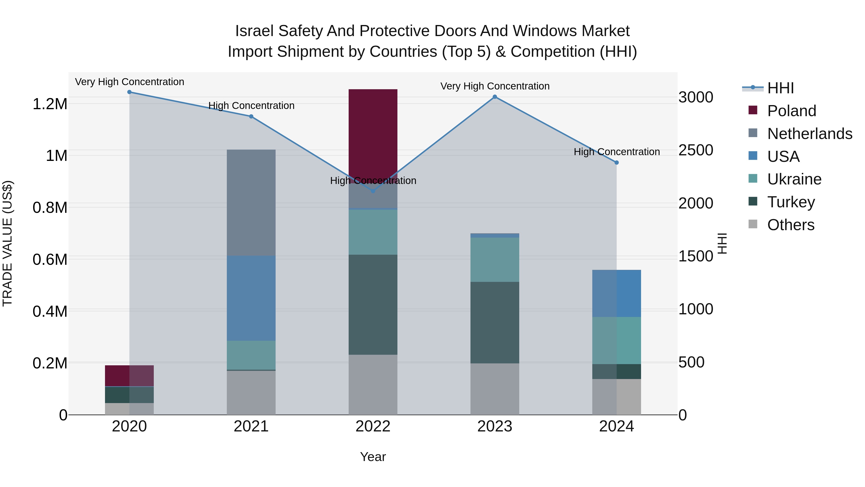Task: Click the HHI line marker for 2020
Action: click(x=129, y=92)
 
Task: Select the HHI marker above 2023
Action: click(x=495, y=97)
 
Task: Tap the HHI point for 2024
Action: click(x=617, y=163)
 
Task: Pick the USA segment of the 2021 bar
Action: click(x=251, y=298)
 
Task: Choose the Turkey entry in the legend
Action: click(x=791, y=202)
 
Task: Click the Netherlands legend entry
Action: click(x=809, y=134)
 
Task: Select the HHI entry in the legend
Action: click(x=780, y=88)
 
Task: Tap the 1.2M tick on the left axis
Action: click(x=50, y=104)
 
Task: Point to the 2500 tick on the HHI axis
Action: click(x=695, y=150)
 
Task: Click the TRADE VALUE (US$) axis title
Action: click(x=7, y=243)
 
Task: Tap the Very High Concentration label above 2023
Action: click(x=495, y=86)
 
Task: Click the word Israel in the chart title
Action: click(x=255, y=31)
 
